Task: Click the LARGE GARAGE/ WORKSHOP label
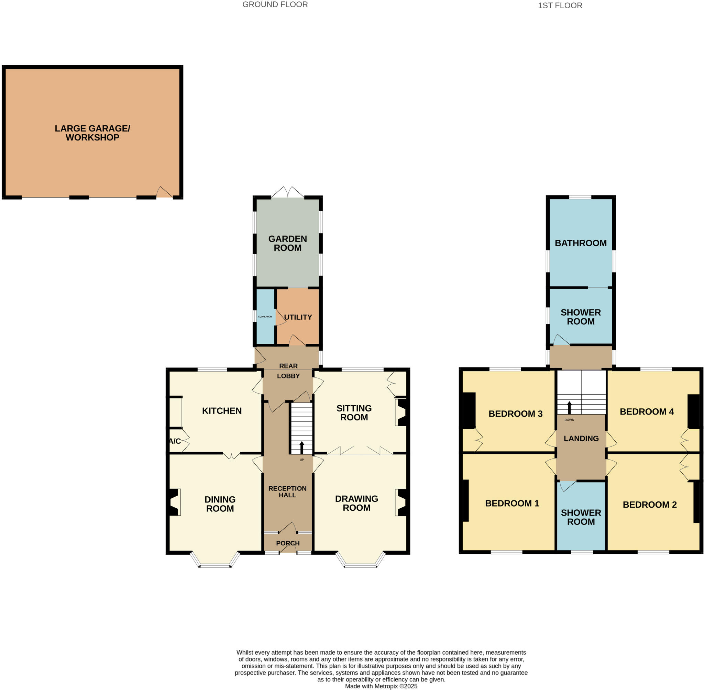92,133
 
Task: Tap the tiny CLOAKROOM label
265,317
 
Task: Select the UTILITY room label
298,317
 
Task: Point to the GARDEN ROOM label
287,243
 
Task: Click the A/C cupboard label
175,441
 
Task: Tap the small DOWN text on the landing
569,420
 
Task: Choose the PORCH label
288,543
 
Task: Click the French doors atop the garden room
288,192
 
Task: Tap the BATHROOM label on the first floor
580,243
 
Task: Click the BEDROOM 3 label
515,414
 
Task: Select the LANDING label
581,439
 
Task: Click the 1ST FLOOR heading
560,5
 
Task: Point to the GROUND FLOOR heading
275,5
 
